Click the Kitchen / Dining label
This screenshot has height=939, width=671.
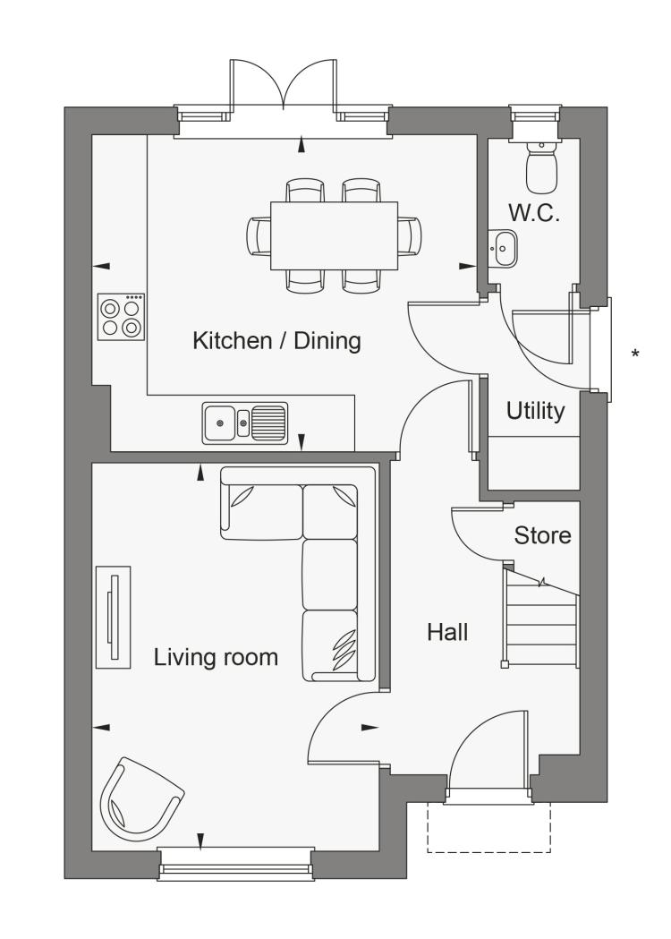tap(276, 341)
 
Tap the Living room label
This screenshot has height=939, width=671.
tap(217, 657)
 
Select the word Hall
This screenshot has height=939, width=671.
tap(447, 632)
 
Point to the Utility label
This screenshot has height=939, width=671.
tap(535, 412)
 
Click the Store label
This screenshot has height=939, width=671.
tap(542, 535)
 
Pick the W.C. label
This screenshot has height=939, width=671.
tap(534, 213)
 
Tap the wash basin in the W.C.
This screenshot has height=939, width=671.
tap(502, 248)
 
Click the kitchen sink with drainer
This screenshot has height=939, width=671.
tap(245, 423)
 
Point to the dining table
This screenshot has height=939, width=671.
tap(334, 236)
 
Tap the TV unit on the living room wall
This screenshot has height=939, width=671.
tap(113, 617)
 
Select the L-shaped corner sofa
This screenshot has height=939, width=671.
tap(298, 574)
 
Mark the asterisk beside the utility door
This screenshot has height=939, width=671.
tap(635, 354)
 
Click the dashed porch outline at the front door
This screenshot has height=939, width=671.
tap(488, 827)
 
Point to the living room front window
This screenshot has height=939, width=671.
tap(236, 863)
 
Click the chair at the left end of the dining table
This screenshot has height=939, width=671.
tap(259, 236)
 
